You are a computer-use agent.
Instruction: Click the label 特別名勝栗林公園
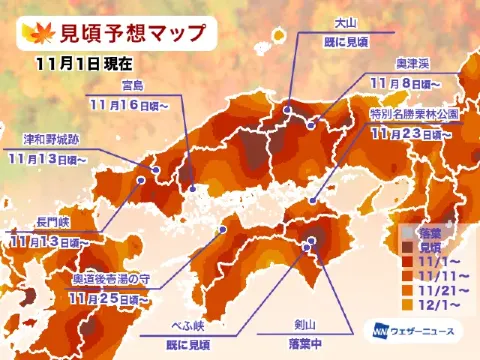[412, 115]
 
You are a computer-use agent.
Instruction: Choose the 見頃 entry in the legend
[433, 243]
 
